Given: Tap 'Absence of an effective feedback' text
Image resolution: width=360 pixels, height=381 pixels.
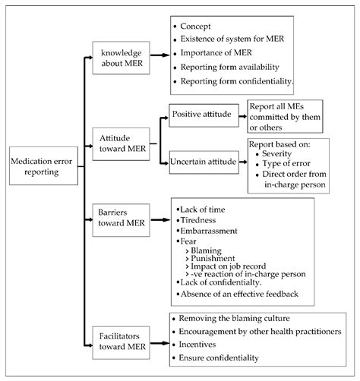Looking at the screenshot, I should (x=238, y=293).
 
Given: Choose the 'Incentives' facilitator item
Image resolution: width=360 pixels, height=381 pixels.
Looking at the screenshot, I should (x=204, y=344).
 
